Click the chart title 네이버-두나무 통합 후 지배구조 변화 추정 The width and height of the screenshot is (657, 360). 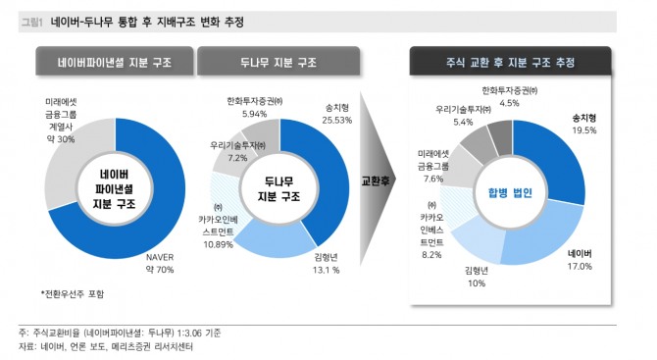tap(147, 22)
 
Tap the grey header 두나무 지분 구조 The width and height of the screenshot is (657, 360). tap(278, 63)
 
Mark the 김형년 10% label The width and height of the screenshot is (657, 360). tap(476, 276)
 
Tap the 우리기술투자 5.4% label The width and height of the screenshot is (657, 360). tap(461, 116)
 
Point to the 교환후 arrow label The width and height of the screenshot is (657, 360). tap(379, 181)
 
